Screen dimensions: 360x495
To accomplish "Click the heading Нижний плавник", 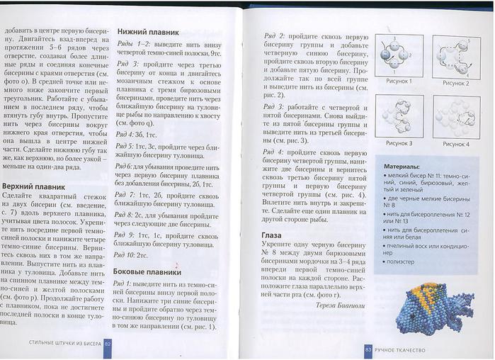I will (x=147, y=31).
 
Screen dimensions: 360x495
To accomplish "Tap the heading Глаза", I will (x=271, y=235).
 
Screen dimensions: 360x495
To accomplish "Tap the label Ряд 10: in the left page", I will (x=126, y=254).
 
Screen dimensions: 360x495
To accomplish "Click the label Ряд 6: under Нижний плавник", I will (x=125, y=165).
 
